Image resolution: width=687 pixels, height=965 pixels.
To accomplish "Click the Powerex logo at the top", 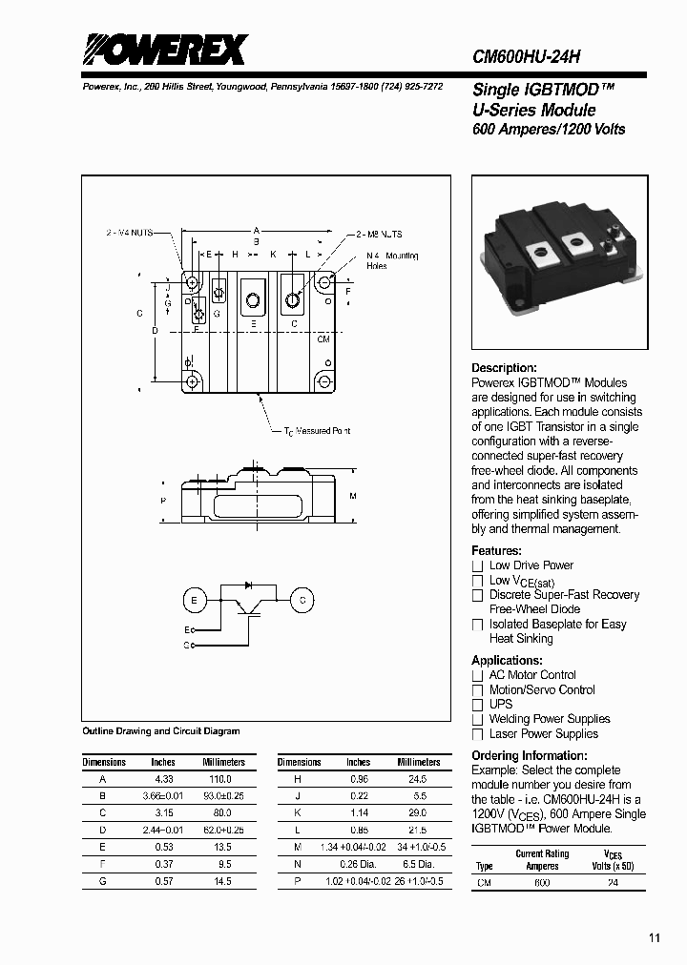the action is click(164, 50).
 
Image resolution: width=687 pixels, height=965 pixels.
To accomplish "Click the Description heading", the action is click(504, 368).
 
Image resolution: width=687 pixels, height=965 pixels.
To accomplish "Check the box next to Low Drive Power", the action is click(478, 565).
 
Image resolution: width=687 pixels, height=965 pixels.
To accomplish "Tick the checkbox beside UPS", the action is click(478, 705).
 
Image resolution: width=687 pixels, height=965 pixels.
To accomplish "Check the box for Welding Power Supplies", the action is click(478, 720).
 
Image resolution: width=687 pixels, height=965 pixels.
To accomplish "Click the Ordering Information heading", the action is click(529, 755).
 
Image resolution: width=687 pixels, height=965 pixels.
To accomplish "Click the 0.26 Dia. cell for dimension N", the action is click(358, 865).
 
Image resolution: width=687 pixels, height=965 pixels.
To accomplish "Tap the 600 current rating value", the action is click(541, 883).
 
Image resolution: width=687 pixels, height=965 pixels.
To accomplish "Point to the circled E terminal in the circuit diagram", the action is click(195, 600).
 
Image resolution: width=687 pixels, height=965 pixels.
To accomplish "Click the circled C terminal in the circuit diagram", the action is click(302, 600).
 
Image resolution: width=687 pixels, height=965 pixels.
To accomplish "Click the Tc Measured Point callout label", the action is click(318, 431).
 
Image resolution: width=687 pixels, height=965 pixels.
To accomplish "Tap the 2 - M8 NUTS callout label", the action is click(380, 234).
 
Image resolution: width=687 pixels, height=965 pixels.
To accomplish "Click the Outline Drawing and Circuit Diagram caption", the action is click(161, 730).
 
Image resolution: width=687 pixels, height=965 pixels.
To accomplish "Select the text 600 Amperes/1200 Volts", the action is click(549, 129).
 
